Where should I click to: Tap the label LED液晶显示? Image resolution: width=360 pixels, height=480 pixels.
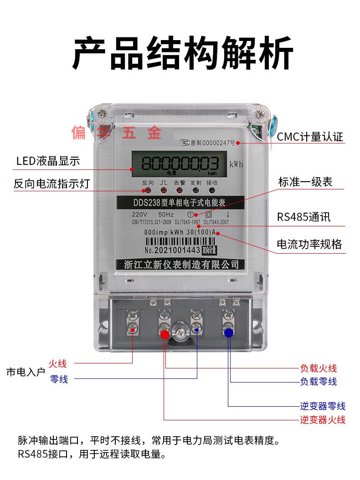coord(48,161)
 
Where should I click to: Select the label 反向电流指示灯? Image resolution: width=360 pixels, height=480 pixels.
coord(51,184)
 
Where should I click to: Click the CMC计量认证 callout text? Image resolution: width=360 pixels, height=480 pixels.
coord(310,137)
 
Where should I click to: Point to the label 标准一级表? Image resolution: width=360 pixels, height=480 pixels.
coord(305,182)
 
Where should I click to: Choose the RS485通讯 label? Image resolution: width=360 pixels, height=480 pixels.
coord(303,217)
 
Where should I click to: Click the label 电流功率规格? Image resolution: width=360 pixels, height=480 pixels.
coord(309,245)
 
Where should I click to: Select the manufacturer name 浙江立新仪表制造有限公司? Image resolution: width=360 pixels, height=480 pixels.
coord(181,264)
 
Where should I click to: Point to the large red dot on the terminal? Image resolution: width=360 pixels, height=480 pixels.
coord(165,335)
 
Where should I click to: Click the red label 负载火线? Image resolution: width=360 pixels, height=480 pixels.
coord(318,368)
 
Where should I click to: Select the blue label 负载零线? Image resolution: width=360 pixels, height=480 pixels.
coord(318,381)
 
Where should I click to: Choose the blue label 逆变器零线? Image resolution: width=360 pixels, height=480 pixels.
coord(322,406)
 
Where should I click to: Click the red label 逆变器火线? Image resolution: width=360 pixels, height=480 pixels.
coord(322,419)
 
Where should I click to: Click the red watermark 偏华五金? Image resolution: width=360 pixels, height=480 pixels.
coord(116,133)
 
